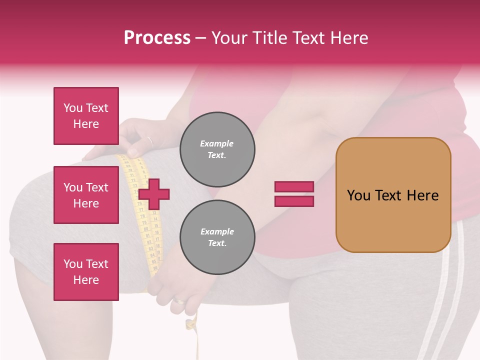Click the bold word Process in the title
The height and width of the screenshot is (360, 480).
(157, 38)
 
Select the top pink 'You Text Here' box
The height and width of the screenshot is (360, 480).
(86, 116)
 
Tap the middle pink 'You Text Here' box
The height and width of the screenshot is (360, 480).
(86, 195)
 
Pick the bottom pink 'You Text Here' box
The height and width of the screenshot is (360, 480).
(86, 272)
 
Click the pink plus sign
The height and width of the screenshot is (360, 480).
(154, 193)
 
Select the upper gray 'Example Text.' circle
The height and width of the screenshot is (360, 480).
(217, 149)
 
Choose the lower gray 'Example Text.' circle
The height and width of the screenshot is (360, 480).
(217, 237)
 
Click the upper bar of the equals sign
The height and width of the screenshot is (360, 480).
(294, 186)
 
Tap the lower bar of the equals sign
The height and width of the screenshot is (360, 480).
(294, 201)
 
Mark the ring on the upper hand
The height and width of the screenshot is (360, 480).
(149, 141)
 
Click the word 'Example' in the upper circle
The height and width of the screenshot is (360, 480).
(217, 144)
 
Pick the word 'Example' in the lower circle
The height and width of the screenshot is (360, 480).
(217, 232)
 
